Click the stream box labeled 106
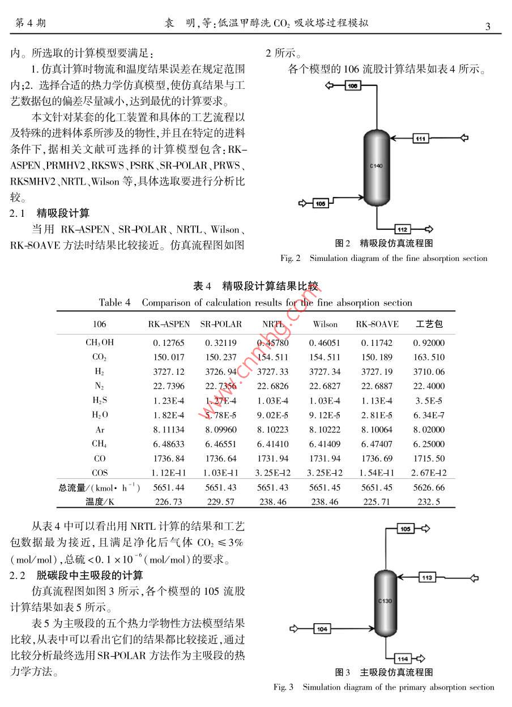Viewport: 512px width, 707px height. tap(352, 85)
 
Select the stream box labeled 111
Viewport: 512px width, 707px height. tap(420, 138)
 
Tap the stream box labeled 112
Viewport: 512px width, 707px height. tap(403, 229)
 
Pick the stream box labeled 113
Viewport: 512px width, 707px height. tap(428, 577)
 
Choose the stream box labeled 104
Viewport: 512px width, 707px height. tap(322, 629)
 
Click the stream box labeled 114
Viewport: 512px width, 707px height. tap(403, 659)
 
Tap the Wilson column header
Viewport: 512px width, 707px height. tap(325, 324)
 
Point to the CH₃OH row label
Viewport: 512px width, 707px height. tap(100, 342)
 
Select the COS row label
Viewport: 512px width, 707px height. tap(100, 473)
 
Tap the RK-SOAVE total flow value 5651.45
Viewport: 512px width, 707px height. tap(377, 487)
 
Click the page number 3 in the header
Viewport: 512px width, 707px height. tap(488, 26)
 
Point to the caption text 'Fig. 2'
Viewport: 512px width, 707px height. tap(291, 258)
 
